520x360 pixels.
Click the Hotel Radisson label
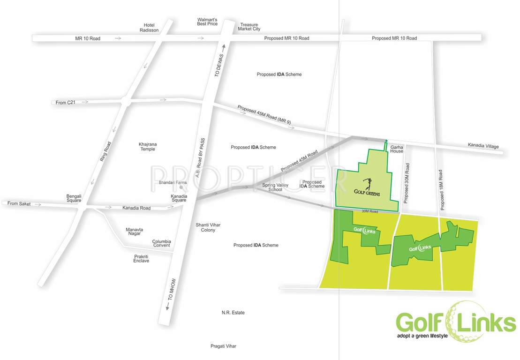click(x=149, y=27)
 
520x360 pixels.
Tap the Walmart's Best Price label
click(x=207, y=22)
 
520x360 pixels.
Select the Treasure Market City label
click(x=249, y=27)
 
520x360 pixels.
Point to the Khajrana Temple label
click(x=147, y=146)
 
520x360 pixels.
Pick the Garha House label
click(x=397, y=149)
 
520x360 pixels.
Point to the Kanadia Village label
click(x=483, y=146)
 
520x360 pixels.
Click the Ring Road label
click(x=105, y=152)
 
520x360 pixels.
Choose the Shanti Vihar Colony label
click(x=208, y=227)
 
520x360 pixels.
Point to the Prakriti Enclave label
click(x=141, y=258)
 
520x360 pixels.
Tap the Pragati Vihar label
click(x=223, y=346)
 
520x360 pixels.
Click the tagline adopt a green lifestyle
click(x=422, y=336)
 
